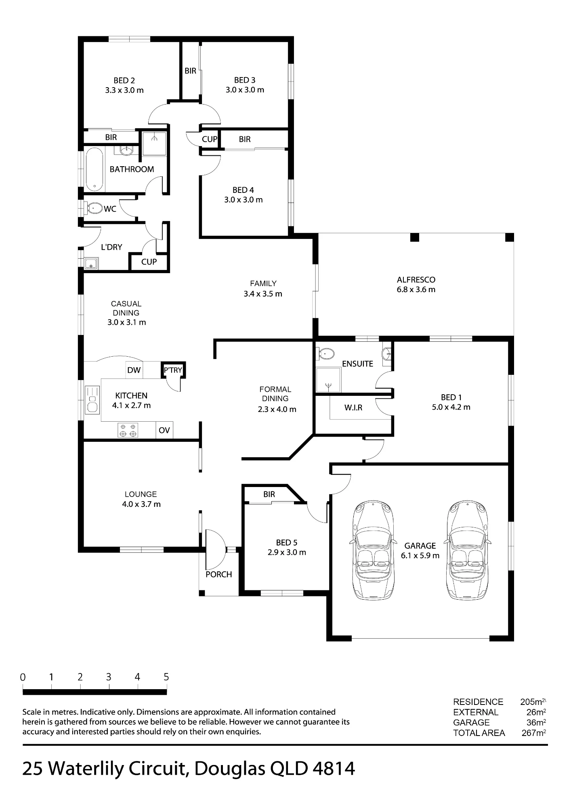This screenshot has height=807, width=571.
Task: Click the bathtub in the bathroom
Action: pyautogui.click(x=94, y=170)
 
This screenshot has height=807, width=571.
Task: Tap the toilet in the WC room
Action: pyautogui.click(x=94, y=208)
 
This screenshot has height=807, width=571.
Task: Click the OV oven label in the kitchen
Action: pyautogui.click(x=164, y=430)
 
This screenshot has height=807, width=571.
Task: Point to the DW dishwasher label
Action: pyautogui.click(x=134, y=370)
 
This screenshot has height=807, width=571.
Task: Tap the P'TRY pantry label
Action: pyautogui.click(x=173, y=370)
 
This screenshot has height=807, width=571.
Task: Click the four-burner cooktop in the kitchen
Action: pyautogui.click(x=128, y=430)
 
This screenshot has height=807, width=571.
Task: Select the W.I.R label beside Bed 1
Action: pyautogui.click(x=353, y=408)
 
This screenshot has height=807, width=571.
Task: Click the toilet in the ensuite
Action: pyautogui.click(x=326, y=354)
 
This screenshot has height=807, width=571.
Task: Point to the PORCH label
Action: pyautogui.click(x=219, y=574)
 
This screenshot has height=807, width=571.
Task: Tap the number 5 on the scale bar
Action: pyautogui.click(x=166, y=677)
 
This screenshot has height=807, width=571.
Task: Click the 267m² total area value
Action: pyautogui.click(x=534, y=733)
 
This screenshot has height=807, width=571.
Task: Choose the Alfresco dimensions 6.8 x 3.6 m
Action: pyautogui.click(x=416, y=289)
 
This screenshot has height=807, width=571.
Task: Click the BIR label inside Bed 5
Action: pyautogui.click(x=269, y=494)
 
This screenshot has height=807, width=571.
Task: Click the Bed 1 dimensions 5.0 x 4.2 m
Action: pyautogui.click(x=451, y=407)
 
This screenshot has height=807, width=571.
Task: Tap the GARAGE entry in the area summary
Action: pyautogui.click(x=471, y=722)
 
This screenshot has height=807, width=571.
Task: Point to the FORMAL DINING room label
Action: pyautogui.click(x=275, y=394)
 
